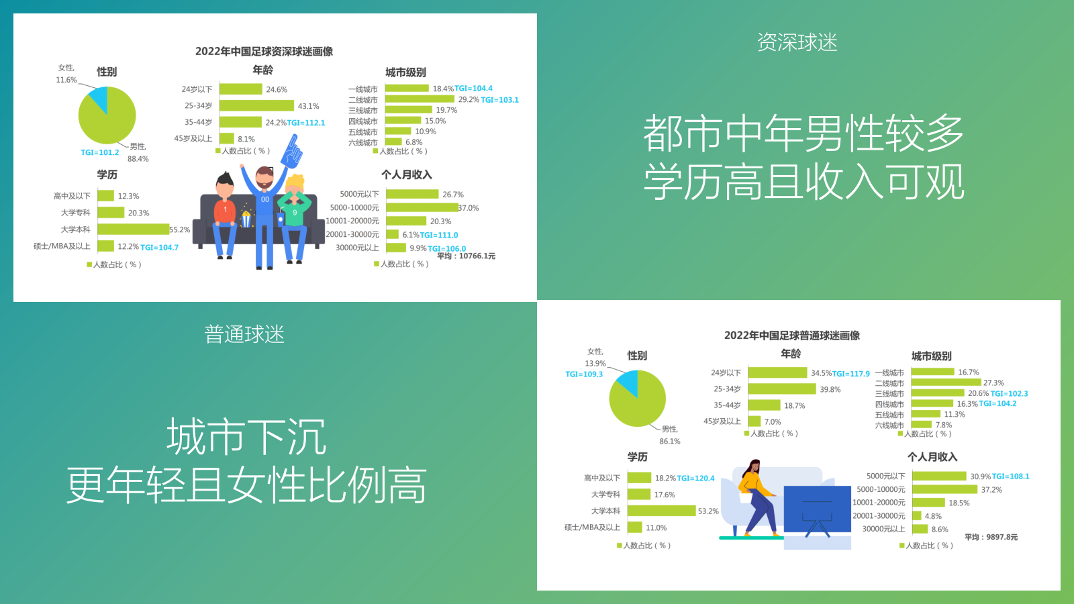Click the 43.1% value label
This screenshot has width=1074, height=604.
308,106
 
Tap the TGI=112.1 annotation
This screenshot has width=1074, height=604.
306,123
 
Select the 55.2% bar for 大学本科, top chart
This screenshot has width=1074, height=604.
133,230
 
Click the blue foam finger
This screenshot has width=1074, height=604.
291,152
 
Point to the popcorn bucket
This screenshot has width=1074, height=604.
246,219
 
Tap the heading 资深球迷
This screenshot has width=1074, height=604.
797,42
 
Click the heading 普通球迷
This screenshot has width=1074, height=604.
244,334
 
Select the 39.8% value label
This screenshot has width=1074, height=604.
830,389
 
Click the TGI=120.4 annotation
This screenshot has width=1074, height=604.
695,479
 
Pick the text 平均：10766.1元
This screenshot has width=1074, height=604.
466,256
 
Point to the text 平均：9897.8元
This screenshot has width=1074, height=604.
991,538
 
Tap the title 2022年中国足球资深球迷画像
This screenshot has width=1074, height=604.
264,52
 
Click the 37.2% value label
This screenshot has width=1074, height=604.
991,490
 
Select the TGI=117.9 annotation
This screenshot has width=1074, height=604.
850,374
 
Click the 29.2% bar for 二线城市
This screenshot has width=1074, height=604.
420,99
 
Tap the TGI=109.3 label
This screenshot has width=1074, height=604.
584,374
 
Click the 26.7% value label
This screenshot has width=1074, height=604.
452,195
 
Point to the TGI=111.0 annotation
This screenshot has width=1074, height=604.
439,236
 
